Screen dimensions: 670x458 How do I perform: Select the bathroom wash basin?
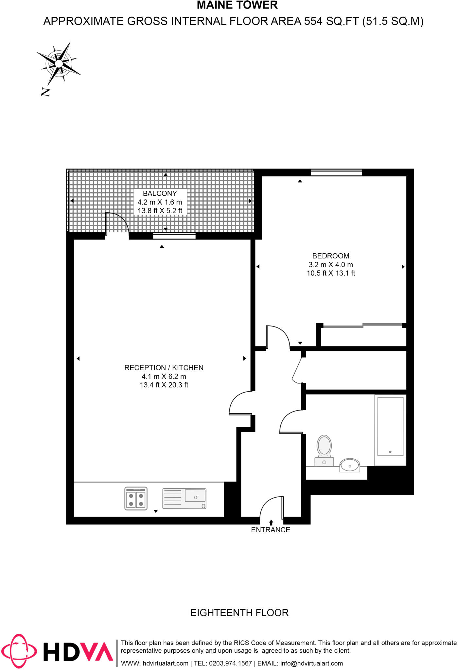pos(350,465)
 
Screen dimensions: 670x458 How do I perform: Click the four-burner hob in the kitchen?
pos(136,499)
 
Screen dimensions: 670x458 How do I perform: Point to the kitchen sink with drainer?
pos(185,499)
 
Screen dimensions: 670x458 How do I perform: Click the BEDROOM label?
pos(331,256)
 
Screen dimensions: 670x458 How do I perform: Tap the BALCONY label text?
pos(160,193)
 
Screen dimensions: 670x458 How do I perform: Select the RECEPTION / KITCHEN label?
pos(164,368)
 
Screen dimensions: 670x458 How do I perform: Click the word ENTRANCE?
pos(271,530)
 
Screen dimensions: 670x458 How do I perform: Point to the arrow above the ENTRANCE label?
pos(271,522)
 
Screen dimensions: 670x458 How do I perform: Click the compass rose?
pos(59,63)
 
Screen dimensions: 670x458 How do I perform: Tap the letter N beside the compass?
pos(45,92)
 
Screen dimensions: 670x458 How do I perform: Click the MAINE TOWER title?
pos(237,5)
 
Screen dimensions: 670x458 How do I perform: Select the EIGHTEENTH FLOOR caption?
pos(239,613)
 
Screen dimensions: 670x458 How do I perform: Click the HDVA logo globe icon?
pos(19,651)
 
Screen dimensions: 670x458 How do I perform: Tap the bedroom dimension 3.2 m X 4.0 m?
pos(331,265)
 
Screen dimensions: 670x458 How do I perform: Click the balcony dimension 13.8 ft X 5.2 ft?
pos(160,211)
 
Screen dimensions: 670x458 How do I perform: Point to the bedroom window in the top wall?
pos(336,172)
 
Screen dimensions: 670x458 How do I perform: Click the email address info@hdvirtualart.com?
pos(311,663)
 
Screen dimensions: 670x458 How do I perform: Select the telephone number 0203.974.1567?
pos(230,663)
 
